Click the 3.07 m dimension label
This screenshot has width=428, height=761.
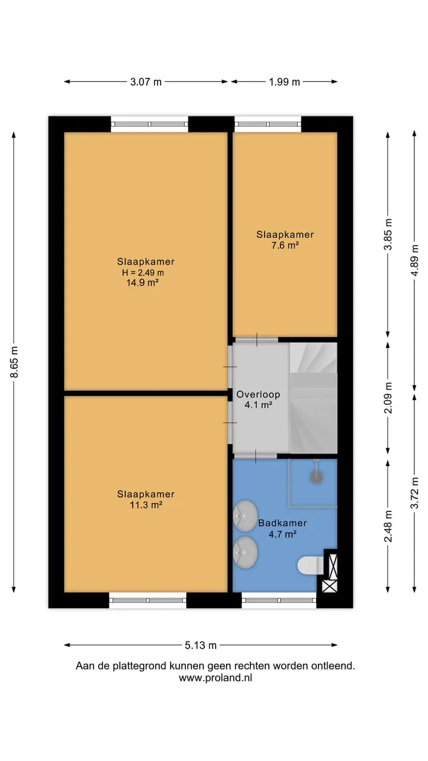(x=146, y=82)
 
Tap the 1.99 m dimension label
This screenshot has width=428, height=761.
(x=284, y=82)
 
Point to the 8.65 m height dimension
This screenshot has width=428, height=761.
(x=14, y=362)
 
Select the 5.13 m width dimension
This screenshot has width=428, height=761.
(x=200, y=645)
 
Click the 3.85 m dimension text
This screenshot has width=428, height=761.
(x=388, y=234)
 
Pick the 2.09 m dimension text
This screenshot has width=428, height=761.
(x=388, y=398)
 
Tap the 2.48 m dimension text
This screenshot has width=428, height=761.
(x=388, y=526)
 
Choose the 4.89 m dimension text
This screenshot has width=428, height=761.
(x=414, y=260)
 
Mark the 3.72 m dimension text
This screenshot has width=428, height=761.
(x=414, y=493)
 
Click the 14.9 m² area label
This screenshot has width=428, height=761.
(x=143, y=282)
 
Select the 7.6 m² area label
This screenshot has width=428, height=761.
(x=285, y=246)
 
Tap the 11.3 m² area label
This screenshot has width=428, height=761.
(x=146, y=505)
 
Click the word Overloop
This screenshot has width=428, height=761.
(x=258, y=394)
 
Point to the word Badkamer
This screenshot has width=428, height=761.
(x=282, y=523)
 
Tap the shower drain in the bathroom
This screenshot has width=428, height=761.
(x=316, y=477)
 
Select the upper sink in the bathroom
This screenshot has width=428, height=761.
(x=245, y=515)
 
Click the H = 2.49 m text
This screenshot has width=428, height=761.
(x=143, y=272)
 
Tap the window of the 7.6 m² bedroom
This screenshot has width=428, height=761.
(x=267, y=124)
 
